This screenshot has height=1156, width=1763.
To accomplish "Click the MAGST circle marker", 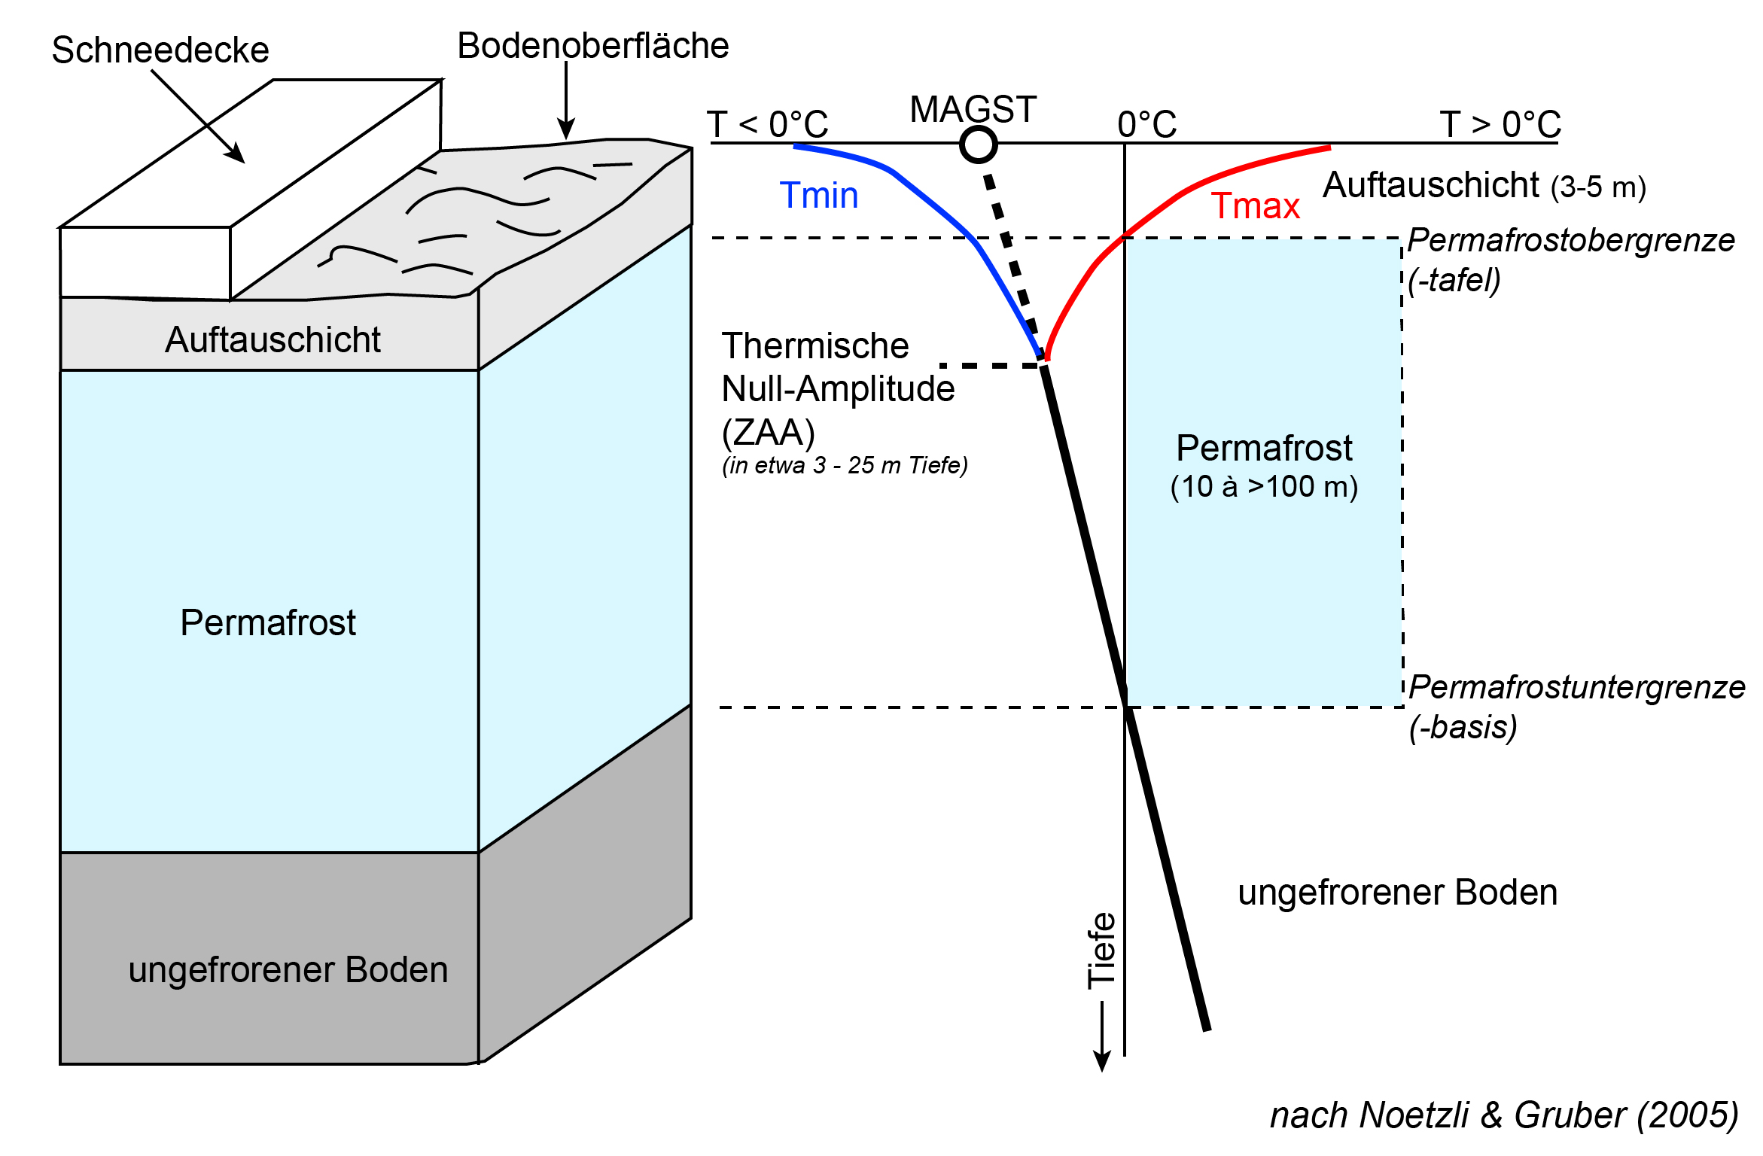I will [x=978, y=144].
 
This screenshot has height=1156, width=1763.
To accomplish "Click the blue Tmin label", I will [x=818, y=196].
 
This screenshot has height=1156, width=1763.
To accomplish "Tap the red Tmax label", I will [x=1255, y=206].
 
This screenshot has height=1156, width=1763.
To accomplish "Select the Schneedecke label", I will [x=160, y=50].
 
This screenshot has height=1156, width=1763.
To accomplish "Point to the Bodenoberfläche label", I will [x=592, y=46].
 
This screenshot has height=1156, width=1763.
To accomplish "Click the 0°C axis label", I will [x=1146, y=124].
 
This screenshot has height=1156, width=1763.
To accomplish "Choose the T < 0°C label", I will [x=767, y=124].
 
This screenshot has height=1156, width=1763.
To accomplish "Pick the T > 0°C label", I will [x=1500, y=124].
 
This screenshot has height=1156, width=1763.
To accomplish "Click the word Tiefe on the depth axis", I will [x=1101, y=950].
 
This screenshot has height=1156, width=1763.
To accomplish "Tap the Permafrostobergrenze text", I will [x=1571, y=241].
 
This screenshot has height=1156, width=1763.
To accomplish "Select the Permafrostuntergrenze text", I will [x=1577, y=687].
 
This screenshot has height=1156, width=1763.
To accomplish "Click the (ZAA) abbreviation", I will [x=768, y=433].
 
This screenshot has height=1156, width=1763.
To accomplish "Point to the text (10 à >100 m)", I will [x=1264, y=487].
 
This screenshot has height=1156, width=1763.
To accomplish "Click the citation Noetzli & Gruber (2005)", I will [x=1549, y=1115].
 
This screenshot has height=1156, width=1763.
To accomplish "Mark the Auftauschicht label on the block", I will [x=273, y=339].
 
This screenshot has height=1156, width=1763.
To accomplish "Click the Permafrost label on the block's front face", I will [x=267, y=622].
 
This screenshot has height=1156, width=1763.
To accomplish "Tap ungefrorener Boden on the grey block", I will [x=288, y=969].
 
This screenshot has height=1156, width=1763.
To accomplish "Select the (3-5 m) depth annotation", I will [x=1598, y=187].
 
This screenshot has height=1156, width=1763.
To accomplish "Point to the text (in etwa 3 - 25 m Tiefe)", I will [x=845, y=466].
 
